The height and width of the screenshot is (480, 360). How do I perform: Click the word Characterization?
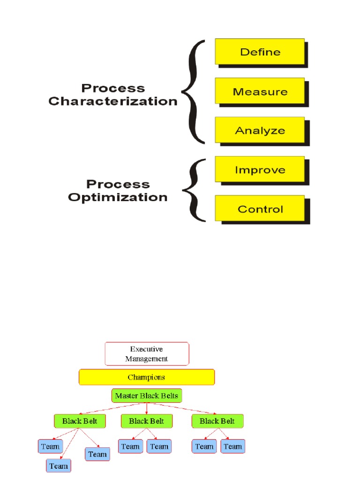113,101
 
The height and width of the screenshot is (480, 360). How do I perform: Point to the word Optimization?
118,197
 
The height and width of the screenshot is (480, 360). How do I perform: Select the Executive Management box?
147,353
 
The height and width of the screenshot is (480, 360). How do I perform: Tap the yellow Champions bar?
147,377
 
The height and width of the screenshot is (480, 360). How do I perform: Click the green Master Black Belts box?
147,396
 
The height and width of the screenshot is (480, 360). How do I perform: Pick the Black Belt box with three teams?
76,421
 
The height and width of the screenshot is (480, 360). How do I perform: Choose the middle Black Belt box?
146,421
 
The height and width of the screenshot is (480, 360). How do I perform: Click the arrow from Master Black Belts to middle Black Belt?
147,408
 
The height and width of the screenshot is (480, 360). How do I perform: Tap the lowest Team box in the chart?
59,465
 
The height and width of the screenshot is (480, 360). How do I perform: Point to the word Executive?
146,349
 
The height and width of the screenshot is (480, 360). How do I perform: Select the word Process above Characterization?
113,88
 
